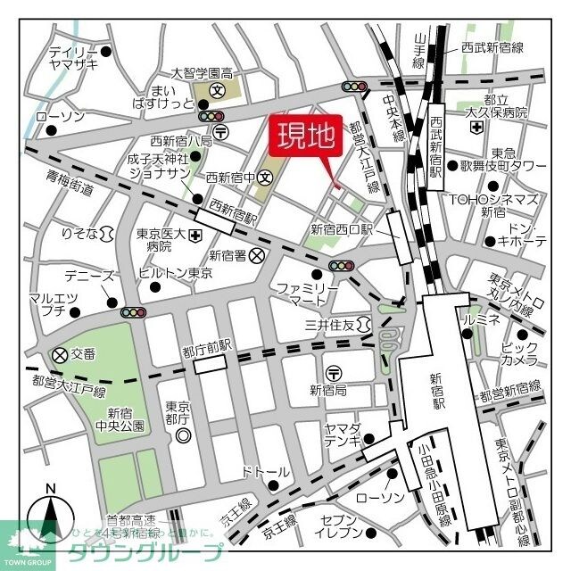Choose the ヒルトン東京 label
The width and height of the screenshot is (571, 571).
[x=176, y=274]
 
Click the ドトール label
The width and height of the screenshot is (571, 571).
[x=266, y=471]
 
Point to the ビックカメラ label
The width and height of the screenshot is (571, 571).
[x=519, y=352]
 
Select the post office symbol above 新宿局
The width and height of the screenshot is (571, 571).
[x=333, y=371]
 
